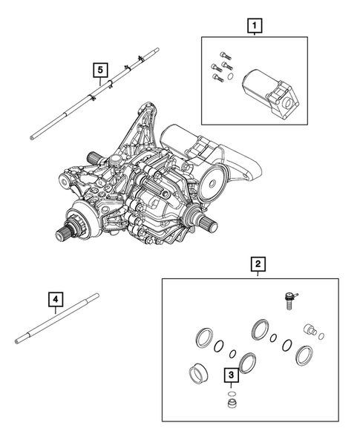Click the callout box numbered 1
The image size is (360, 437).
point(255,27)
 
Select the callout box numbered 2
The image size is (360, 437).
point(257,264)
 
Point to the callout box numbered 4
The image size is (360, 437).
point(56,300)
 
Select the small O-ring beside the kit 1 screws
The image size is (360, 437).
point(231,76)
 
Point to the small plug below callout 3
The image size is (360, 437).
point(232,404)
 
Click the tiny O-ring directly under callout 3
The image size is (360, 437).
point(232,392)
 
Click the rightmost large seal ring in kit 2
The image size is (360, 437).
point(304,355)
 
